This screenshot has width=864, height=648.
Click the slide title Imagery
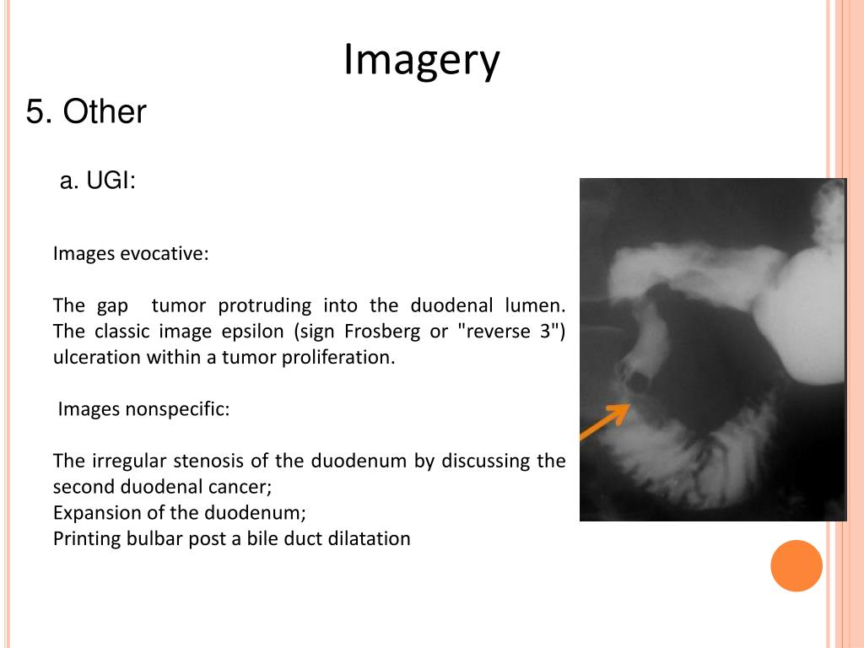coord(421,60)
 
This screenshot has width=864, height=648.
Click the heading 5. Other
coord(86,111)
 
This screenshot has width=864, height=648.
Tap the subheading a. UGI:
coord(98,181)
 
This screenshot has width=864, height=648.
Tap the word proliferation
coord(344,357)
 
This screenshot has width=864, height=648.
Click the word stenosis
coord(208,461)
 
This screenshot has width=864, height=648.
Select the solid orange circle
coord(796,565)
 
